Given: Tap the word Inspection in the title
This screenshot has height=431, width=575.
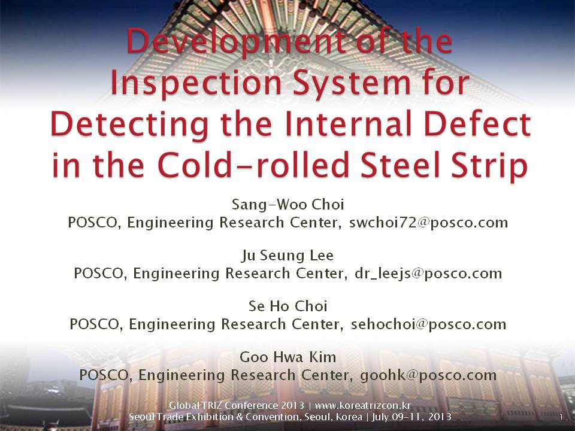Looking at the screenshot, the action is coord(196,84).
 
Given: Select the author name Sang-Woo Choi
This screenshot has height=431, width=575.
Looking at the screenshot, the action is coord(288,205).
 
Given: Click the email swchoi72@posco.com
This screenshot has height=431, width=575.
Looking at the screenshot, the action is coord(428,223).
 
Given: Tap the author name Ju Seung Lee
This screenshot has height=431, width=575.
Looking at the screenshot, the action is coord(288,256).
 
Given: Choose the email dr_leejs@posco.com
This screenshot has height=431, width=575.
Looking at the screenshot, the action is coord(428,274).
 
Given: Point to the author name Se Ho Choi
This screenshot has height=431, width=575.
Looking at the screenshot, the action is coord(288,306).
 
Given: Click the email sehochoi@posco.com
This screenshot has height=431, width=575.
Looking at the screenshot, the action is coord(428,324).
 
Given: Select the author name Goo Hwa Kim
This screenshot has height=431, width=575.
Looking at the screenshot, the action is coord(288,357).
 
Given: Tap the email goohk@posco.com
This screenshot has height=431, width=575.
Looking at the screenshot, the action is coord(428,375).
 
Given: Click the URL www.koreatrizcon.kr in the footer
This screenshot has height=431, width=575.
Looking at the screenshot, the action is coord(363,406).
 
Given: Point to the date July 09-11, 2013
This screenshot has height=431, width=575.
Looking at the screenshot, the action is coord(411,417).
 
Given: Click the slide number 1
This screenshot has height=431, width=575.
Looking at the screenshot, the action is coord(561,417).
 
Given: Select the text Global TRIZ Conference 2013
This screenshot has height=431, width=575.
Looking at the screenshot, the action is coord(237,406).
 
